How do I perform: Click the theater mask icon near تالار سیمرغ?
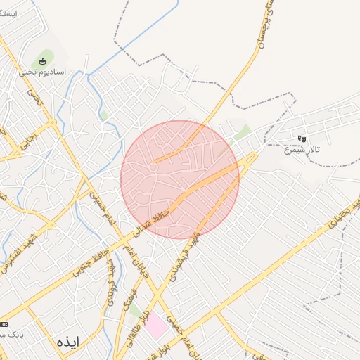pyautogui.click(x=302, y=139)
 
